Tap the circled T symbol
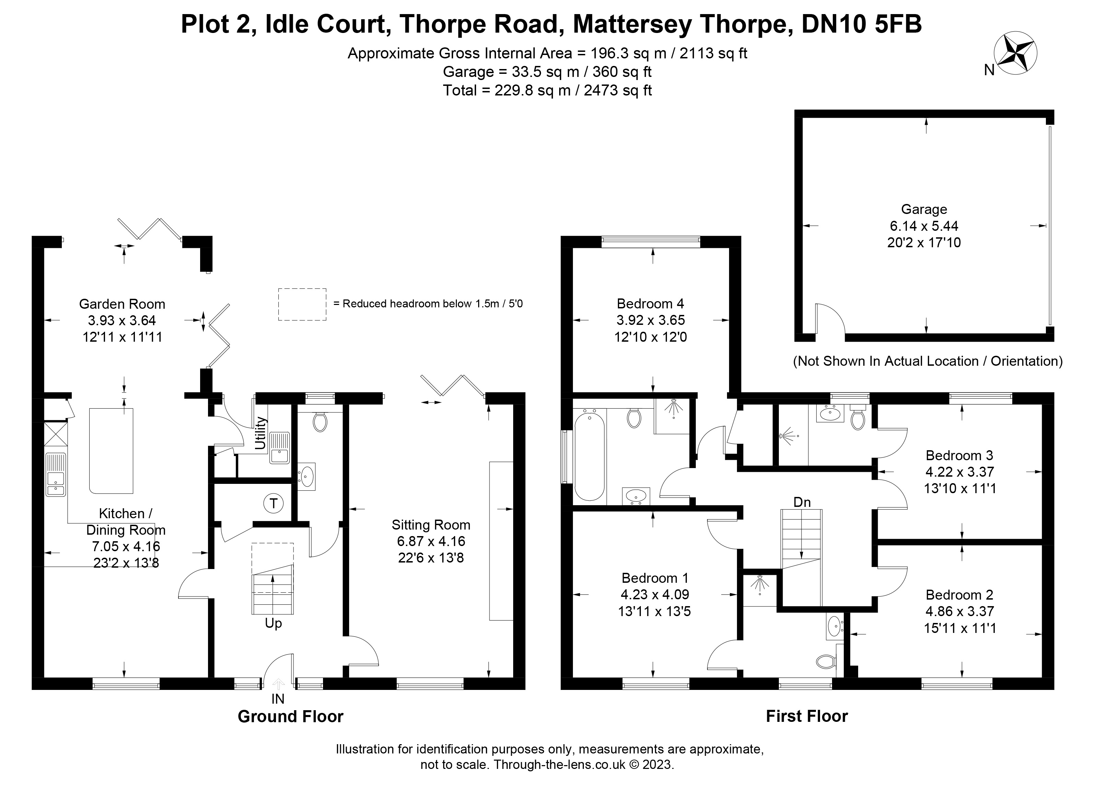click(x=273, y=504)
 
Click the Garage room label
click(x=924, y=209)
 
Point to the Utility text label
click(x=261, y=433)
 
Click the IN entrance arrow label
click(x=278, y=699)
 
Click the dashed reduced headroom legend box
click(x=302, y=304)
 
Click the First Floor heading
click(x=807, y=716)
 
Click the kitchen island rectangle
click(x=111, y=451)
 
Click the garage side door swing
click(x=829, y=319)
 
